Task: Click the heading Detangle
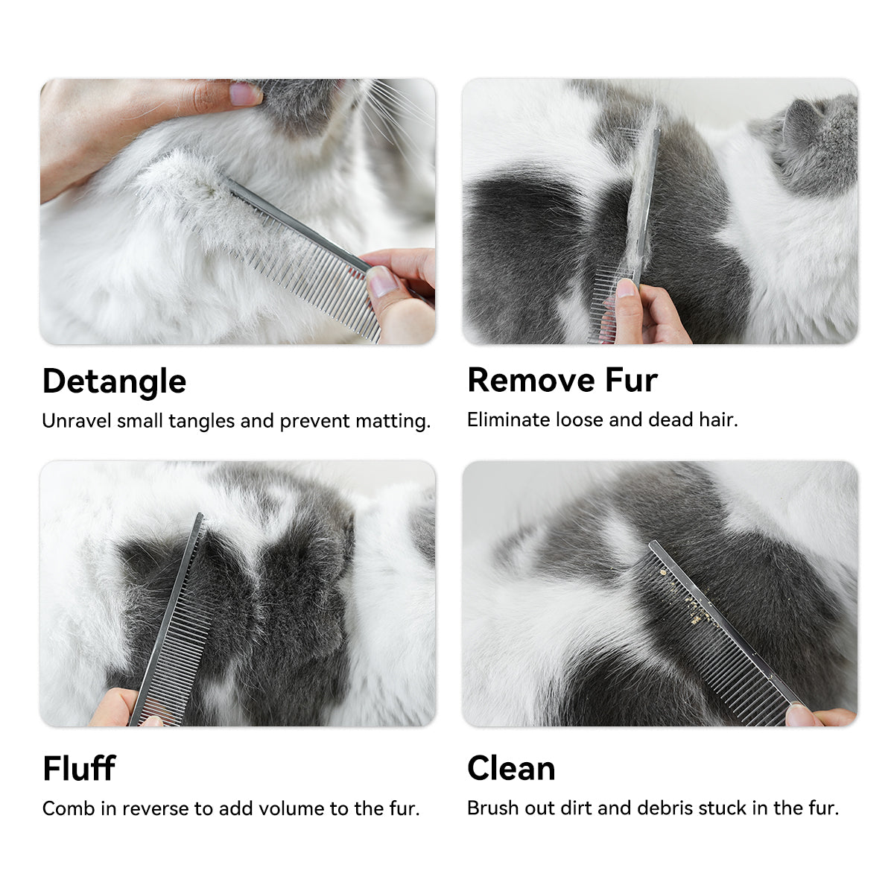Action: coord(114,382)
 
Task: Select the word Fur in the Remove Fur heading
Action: coord(632,381)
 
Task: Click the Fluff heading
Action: coord(79,768)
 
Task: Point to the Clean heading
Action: coord(511,768)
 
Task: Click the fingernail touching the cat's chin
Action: coord(245,94)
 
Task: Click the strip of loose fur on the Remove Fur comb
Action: coord(641,195)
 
